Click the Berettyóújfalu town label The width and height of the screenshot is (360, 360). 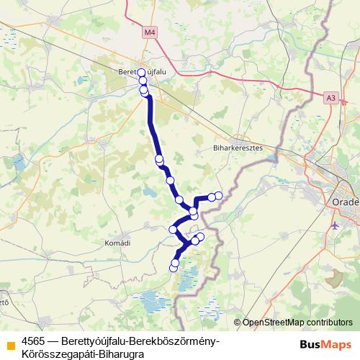click(139, 72)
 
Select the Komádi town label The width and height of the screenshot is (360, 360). click(117, 243)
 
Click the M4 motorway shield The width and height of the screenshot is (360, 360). click(149, 32)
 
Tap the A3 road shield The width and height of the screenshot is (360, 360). click(330, 96)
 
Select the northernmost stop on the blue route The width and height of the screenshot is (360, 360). click(142, 72)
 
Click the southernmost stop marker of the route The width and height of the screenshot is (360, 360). click(173, 268)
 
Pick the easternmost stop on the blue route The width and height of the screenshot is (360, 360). click(218, 196)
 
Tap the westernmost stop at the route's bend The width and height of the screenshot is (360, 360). click(173, 229)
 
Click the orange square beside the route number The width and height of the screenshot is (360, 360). click(10, 344)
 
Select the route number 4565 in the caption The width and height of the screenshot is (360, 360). click(35, 340)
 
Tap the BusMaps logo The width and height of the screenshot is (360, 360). click(324, 343)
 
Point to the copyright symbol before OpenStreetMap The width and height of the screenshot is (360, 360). click(238, 323)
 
